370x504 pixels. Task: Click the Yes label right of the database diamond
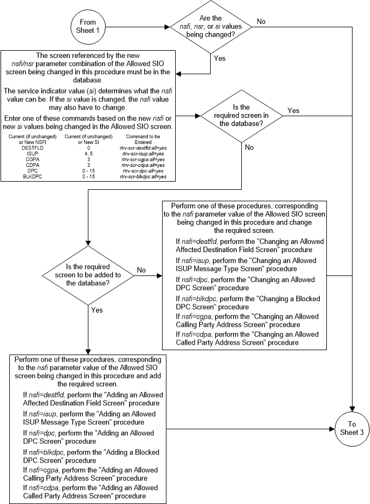coord(294,110)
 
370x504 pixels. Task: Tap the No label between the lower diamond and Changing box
coord(142,269)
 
